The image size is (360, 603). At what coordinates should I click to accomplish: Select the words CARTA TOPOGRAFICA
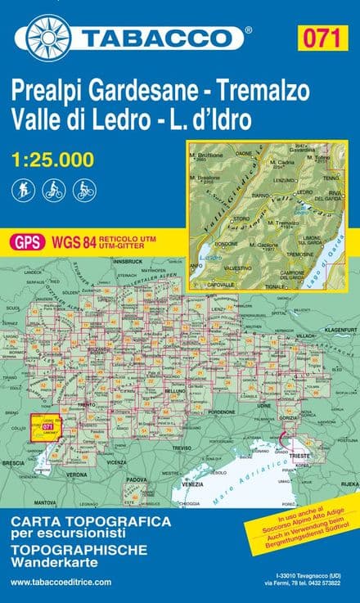90,521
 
